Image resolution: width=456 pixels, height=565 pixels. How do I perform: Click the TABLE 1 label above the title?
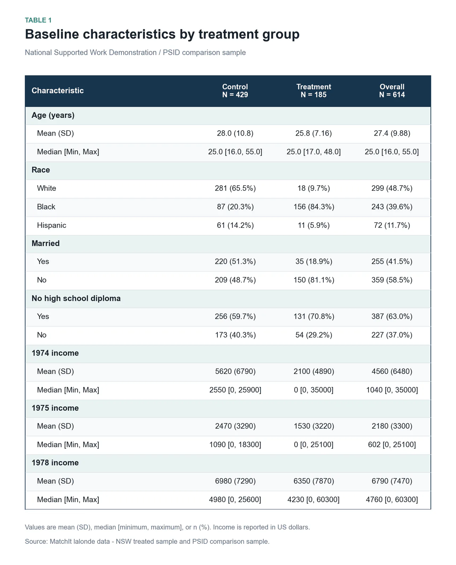pos(38,20)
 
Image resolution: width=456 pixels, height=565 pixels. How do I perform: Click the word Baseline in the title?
pos(52,34)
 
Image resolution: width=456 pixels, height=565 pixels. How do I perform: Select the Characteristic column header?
pos(58,91)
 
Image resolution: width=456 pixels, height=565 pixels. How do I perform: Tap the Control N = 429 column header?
pos(235,91)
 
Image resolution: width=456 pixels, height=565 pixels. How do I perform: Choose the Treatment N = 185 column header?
pos(314,91)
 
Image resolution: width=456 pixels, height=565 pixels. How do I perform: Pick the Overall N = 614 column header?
pos(392,91)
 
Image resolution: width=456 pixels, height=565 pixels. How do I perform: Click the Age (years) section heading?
pos(53,115)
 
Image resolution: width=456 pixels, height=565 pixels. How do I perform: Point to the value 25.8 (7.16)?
pos(314,133)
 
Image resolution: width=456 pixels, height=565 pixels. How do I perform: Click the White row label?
pos(47,188)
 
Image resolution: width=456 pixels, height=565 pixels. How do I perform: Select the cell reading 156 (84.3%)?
pos(314,207)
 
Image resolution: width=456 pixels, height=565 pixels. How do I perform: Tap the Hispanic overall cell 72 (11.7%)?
pos(392,225)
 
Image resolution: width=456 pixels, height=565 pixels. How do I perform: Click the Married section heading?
pos(46,243)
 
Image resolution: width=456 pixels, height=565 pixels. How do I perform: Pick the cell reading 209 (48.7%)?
pos(235,280)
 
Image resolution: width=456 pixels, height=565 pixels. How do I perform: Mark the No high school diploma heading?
pos(76,298)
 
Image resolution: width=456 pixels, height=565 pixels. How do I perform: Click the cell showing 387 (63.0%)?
pos(392,316)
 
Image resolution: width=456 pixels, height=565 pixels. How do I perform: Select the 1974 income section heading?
pos(55,353)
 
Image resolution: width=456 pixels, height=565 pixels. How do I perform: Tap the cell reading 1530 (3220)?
pos(314,426)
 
